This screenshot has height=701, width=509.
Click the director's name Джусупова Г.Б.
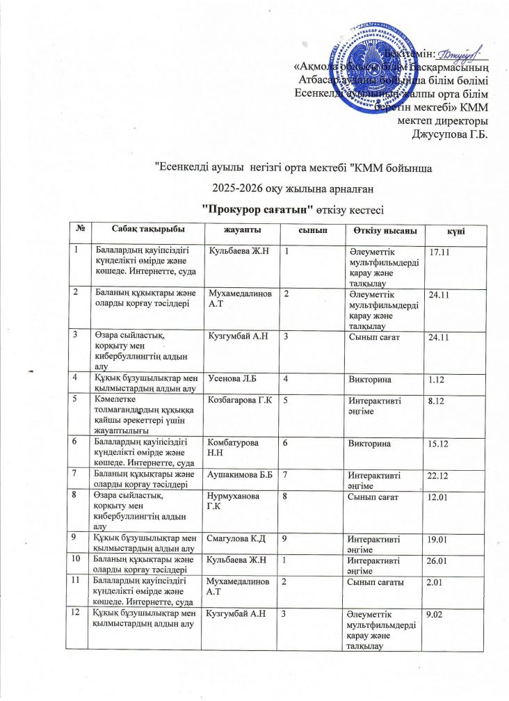(x=450, y=133)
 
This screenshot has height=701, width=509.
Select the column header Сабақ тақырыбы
(x=145, y=230)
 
